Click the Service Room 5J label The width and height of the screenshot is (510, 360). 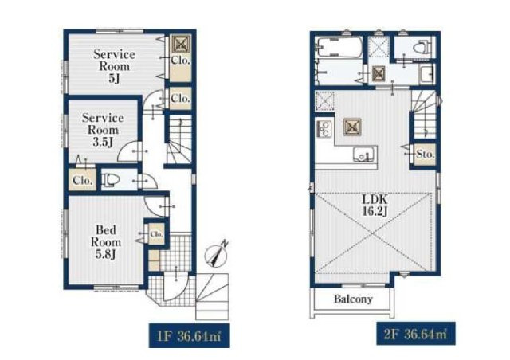(x=114, y=66)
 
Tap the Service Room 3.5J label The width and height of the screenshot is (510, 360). (x=103, y=130)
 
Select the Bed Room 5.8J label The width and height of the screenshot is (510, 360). (x=106, y=242)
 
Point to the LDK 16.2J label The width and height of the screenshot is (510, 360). (x=375, y=205)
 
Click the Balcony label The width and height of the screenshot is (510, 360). (x=353, y=299)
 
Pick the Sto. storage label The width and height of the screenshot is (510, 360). (x=426, y=155)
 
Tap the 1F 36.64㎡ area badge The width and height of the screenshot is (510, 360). (x=190, y=335)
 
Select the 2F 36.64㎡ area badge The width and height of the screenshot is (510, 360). (x=416, y=334)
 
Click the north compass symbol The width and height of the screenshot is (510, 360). (x=216, y=253)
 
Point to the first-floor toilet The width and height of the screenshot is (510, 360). (x=111, y=180)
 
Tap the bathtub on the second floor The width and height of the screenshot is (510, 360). (x=339, y=47)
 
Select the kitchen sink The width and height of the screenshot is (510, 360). (x=363, y=155)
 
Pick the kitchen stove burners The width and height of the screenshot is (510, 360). (x=324, y=128)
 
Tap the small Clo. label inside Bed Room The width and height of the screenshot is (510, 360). (x=156, y=234)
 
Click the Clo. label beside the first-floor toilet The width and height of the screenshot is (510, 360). (x=82, y=180)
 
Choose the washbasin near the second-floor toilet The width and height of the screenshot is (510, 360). (x=427, y=73)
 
